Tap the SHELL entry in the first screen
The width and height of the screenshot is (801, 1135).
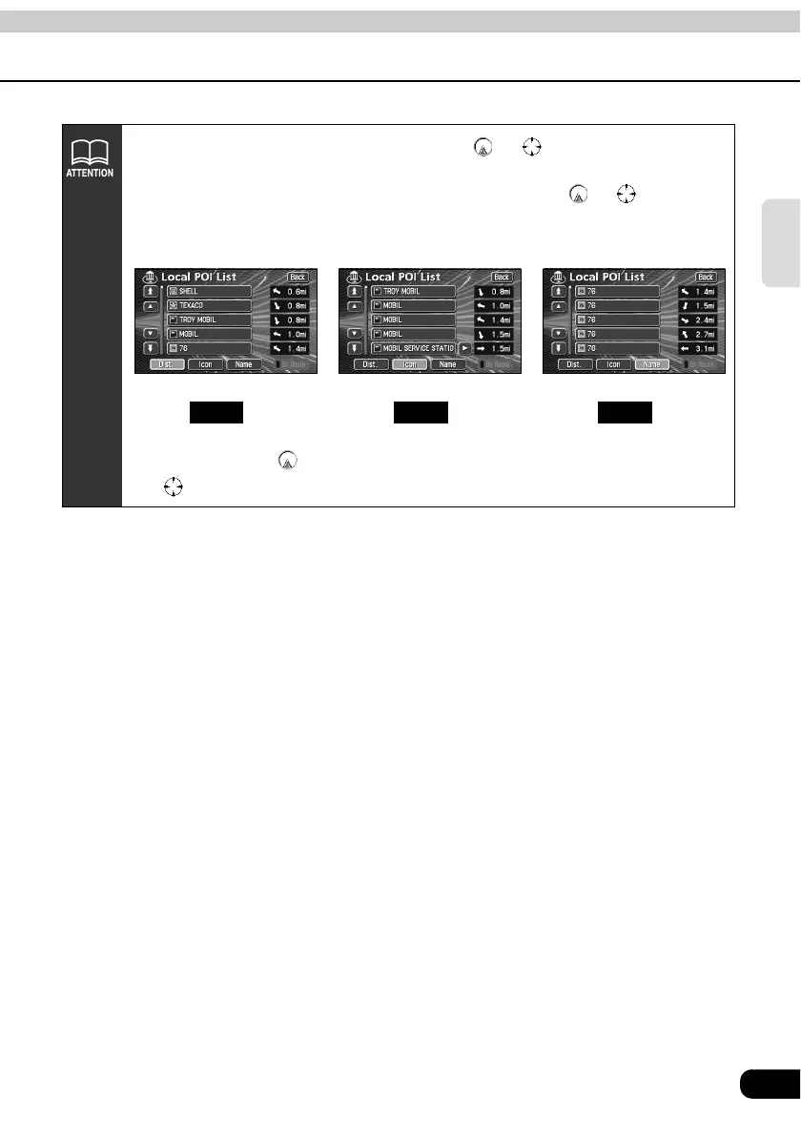coord(208,290)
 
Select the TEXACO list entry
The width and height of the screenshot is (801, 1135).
coord(208,305)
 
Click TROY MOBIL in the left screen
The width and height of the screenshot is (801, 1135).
coord(208,320)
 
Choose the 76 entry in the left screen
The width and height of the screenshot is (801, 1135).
coord(208,349)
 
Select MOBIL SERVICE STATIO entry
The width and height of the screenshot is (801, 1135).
coord(412,349)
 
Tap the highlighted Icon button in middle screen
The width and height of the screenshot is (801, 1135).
coord(410,364)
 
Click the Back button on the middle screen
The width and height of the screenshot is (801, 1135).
coord(502,277)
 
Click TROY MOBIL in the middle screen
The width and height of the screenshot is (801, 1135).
coord(412,290)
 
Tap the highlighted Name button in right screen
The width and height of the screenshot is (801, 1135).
coord(652,364)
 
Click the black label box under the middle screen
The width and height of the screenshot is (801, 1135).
coord(421,412)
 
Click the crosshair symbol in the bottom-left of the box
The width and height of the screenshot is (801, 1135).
coord(173,486)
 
